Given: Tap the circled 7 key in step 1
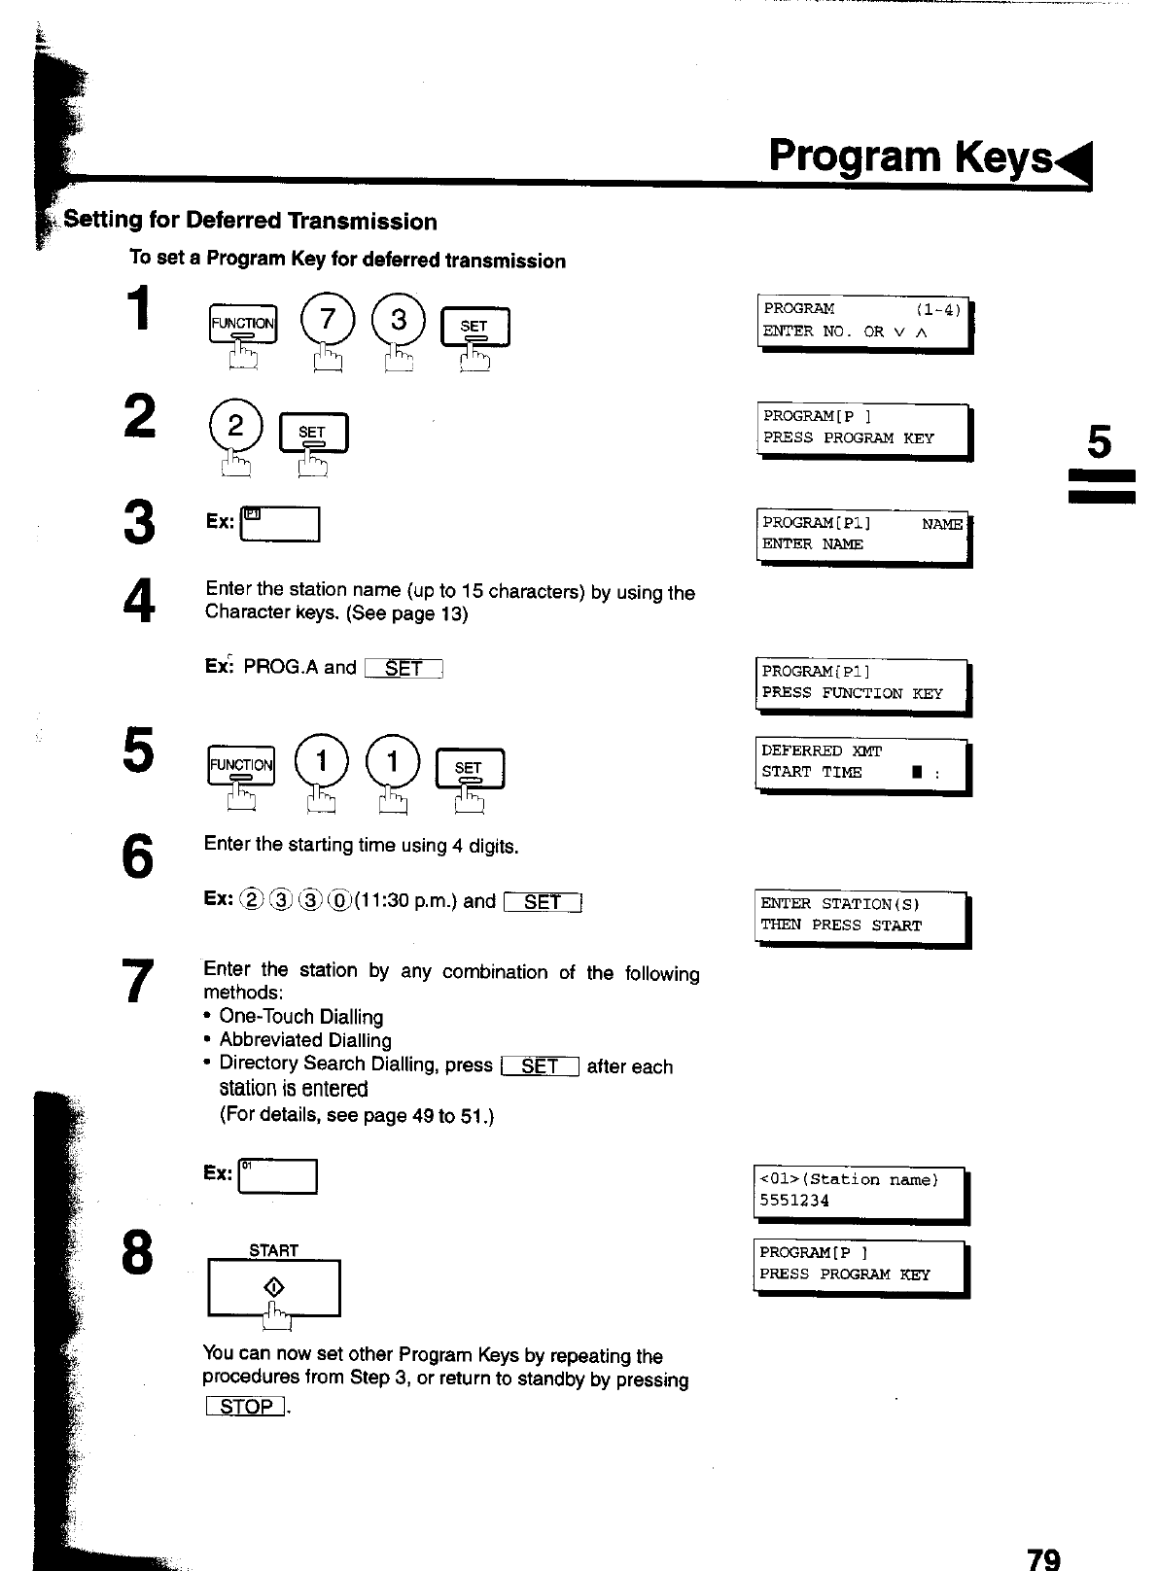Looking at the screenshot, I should [328, 320].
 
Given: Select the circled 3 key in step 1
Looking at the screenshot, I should [398, 320].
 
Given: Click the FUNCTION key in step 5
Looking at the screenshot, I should [242, 766].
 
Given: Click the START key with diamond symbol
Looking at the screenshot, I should [274, 1288].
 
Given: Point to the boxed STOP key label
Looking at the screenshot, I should [246, 1406].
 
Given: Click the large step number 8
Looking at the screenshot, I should [138, 1255].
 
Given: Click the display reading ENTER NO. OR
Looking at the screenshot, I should [862, 321].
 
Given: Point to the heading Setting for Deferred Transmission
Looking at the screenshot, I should [251, 222].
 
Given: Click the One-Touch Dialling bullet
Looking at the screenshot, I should [300, 1017].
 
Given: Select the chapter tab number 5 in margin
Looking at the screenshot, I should [1099, 443].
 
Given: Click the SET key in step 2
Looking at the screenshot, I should [313, 434].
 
